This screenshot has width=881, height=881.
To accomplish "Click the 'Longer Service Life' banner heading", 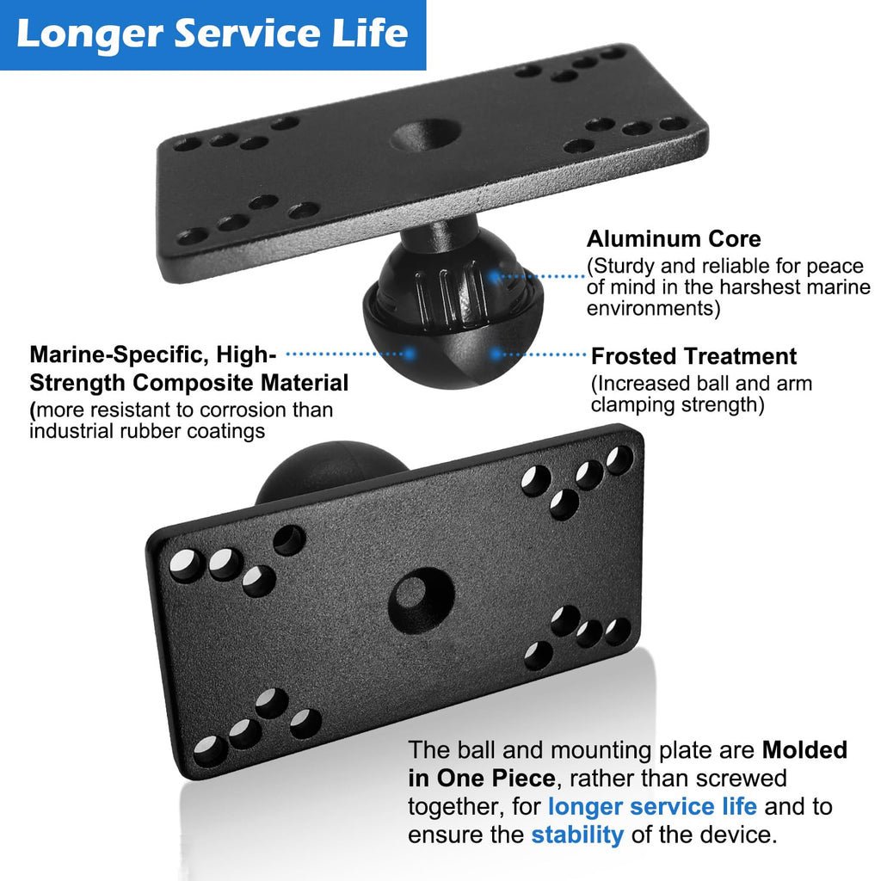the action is click(x=213, y=34).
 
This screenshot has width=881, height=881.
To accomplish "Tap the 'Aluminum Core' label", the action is click(x=674, y=239).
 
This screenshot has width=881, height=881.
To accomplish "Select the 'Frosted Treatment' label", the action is click(x=694, y=356).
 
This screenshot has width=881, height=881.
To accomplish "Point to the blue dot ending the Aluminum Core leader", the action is click(x=494, y=276).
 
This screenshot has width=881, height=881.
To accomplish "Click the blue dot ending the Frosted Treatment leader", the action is click(x=496, y=354).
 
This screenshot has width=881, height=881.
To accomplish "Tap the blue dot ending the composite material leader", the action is click(x=410, y=354).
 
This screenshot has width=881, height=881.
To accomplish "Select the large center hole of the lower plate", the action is click(x=422, y=600).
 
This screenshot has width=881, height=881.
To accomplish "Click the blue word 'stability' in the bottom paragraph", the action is click(x=577, y=835).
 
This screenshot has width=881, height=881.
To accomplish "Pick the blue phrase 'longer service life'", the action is click(x=652, y=806).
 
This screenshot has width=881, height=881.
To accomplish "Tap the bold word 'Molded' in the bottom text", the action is click(x=804, y=750).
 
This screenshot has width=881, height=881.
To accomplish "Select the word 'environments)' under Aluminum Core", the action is click(x=654, y=309).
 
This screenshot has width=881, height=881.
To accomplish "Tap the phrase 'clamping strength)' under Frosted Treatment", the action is click(x=678, y=404).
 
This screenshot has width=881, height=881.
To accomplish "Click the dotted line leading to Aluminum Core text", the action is click(x=542, y=276).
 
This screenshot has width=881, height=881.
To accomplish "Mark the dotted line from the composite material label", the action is click(x=345, y=354).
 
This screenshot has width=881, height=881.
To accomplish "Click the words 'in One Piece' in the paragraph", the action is click(x=482, y=778).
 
